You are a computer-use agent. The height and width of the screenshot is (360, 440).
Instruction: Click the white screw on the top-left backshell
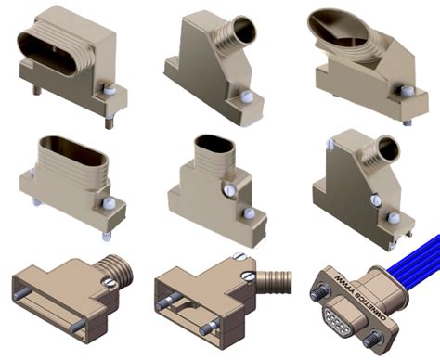tap(109, 91)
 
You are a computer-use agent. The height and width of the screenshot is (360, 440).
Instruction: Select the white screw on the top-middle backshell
tap(246, 96)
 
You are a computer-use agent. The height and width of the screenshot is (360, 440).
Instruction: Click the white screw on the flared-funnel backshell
tap(406, 91)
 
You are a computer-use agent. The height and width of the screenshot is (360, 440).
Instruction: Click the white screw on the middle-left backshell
tap(108, 202)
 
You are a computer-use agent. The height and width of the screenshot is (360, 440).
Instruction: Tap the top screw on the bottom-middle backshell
tap(239, 257)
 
